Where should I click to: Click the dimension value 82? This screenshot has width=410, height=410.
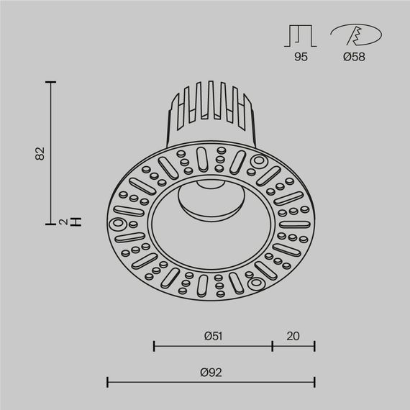click(40, 152)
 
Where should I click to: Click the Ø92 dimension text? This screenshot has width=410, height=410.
click(210, 372)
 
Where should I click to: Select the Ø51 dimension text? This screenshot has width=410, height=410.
click(212, 336)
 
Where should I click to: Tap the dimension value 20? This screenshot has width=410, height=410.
click(293, 336)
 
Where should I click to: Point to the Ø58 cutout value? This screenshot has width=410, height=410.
click(354, 57)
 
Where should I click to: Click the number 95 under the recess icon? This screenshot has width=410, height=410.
click(301, 57)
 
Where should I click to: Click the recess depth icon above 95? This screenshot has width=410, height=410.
click(301, 35)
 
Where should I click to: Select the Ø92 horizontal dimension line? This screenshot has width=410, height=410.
click(210, 382)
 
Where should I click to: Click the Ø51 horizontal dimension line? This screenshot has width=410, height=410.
click(213, 346)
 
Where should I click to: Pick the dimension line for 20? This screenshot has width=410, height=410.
click(293, 346)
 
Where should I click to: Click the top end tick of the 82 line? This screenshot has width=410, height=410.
click(50, 83)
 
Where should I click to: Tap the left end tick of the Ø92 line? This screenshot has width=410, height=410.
click(108, 382)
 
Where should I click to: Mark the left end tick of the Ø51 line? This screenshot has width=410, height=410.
click(155, 346)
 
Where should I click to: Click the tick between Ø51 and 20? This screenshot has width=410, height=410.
click(273, 346)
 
